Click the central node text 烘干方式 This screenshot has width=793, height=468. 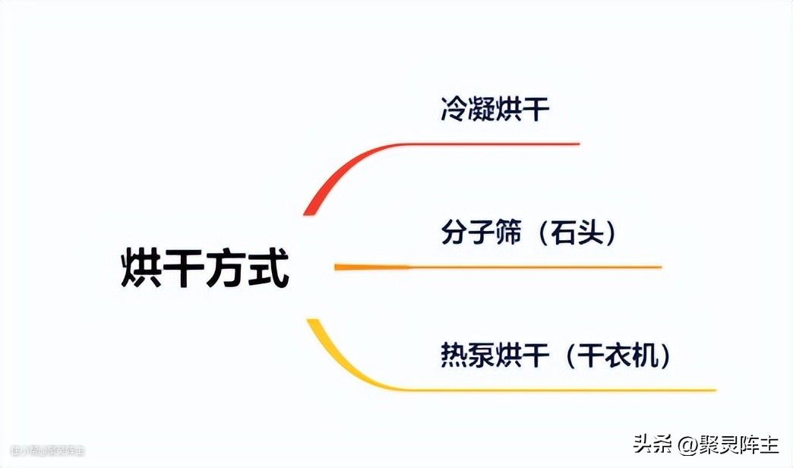click(x=205, y=268)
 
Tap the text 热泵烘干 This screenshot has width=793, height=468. click(x=494, y=356)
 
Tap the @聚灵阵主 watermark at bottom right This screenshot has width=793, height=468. click(x=725, y=445)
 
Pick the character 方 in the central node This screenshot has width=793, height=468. click(x=226, y=268)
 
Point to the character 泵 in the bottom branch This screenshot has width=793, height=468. click(x=481, y=356)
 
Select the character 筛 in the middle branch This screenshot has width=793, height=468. click(x=508, y=233)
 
